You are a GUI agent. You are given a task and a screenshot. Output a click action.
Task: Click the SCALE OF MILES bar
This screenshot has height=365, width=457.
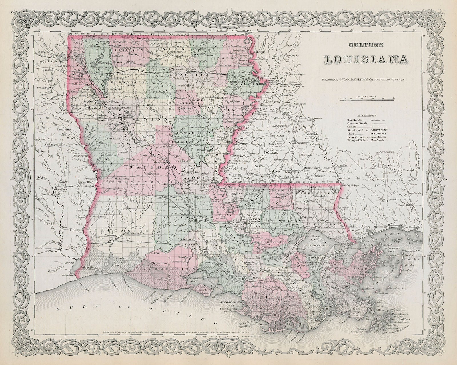(x=367, y=99)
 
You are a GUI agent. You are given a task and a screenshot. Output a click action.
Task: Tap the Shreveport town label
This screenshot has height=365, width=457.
(x=89, y=72)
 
